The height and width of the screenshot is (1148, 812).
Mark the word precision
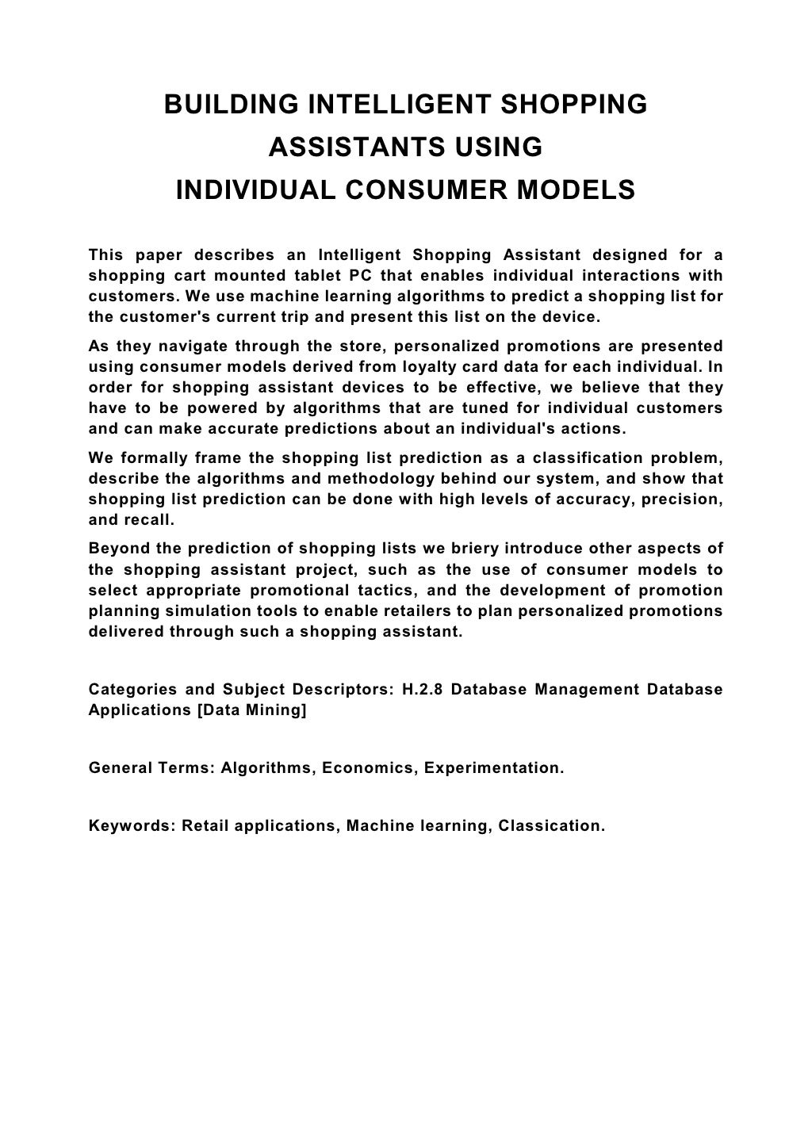click(682, 499)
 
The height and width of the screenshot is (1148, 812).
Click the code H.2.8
click(423, 689)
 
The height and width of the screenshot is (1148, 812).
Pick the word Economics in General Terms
click(369, 767)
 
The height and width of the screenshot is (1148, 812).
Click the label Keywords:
click(132, 825)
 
